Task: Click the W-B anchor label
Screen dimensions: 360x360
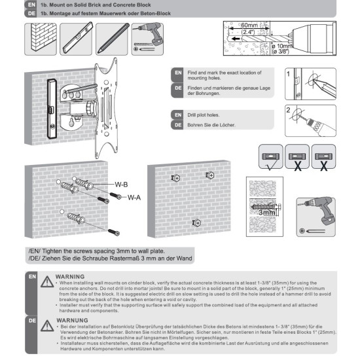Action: pos(121,185)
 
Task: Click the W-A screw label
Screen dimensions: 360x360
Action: pos(134,198)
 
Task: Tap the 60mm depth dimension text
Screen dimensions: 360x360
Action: pos(249,25)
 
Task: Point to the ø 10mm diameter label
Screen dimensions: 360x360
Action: pos(281,46)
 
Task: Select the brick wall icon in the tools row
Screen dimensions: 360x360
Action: pos(41,39)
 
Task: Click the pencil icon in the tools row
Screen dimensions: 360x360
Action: pos(111,39)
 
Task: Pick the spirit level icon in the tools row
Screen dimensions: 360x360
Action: pos(76,39)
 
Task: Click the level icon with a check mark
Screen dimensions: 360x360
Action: pos(271,157)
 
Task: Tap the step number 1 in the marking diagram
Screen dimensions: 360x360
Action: pos(289,74)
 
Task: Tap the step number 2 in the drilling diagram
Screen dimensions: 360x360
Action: pos(289,110)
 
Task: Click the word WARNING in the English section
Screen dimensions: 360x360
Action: pos(70,277)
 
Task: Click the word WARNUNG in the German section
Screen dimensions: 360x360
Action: pos(72,320)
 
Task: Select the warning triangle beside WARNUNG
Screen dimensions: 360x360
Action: pos(47,326)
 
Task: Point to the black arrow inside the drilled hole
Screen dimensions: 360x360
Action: pos(236,39)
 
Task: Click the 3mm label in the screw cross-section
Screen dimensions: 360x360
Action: pos(267,212)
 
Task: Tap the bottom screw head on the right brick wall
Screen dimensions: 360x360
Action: pos(197,223)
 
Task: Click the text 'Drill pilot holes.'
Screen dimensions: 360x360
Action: pos(204,115)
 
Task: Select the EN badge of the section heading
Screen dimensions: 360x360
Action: pos(31,5)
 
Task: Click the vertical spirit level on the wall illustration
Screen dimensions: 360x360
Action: pos(52,109)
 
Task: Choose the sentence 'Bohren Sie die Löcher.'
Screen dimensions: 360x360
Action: pos(211,125)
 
